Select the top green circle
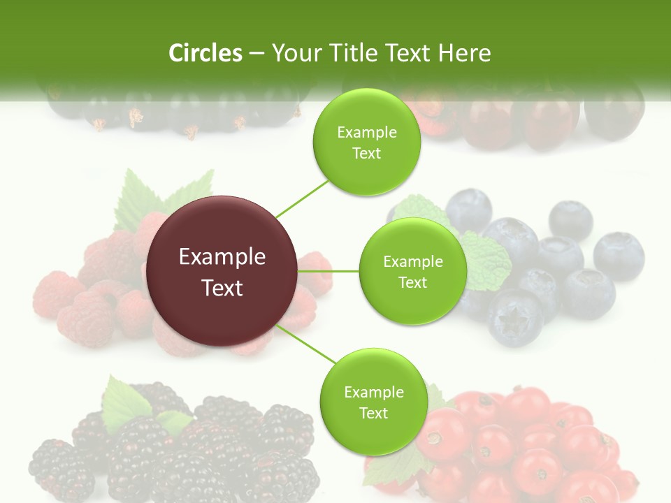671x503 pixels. [366, 143]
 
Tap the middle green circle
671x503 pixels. [412, 272]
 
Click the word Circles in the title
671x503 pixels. [205, 53]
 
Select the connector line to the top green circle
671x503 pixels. [303, 198]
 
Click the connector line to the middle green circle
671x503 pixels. [329, 271]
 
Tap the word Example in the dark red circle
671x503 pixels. [222, 257]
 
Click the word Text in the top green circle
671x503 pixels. [366, 154]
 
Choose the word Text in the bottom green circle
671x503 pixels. [373, 414]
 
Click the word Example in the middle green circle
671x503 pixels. [413, 262]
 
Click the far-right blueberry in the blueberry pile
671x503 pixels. [619, 256]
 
